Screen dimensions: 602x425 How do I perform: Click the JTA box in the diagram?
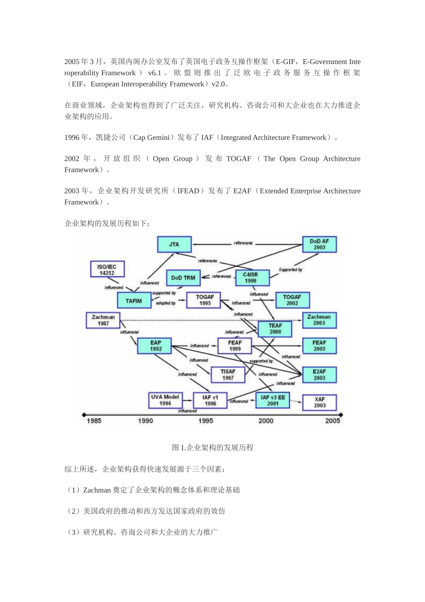click(174, 245)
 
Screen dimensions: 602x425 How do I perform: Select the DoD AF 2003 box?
click(319, 245)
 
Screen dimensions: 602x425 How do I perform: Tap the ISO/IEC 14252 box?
click(107, 270)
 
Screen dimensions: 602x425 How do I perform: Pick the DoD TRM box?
click(183, 278)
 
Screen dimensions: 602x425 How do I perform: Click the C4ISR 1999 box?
click(252, 278)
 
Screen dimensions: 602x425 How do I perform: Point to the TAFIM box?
click(134, 301)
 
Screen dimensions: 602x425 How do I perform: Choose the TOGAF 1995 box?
click(205, 300)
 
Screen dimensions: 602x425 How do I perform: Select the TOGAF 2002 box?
click(292, 300)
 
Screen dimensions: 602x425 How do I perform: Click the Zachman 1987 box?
click(103, 320)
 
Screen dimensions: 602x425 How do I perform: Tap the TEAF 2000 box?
click(275, 329)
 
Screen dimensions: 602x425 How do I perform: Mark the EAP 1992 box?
click(156, 346)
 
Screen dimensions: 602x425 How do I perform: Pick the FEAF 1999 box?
click(235, 346)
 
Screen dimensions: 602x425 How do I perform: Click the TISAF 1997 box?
click(228, 375)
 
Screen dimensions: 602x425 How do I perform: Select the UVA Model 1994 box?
click(165, 400)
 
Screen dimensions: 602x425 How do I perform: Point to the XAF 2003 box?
click(319, 402)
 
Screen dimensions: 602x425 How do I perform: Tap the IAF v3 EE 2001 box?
click(272, 400)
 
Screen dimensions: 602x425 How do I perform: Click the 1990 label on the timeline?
click(145, 421)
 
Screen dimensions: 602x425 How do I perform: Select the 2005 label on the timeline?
click(332, 421)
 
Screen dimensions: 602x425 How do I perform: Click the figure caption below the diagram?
click(212, 447)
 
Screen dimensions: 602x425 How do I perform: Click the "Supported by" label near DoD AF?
click(290, 270)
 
